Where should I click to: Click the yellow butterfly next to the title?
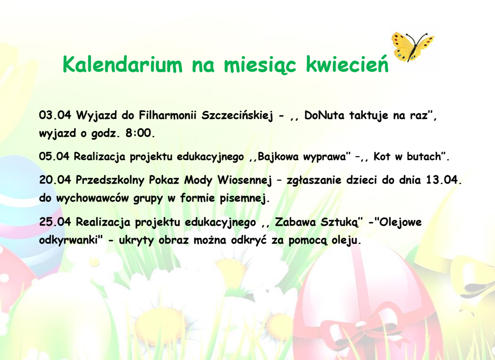pyautogui.click(x=412, y=46)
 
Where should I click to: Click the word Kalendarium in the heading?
pyautogui.click(x=123, y=64)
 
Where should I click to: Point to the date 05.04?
pyautogui.click(x=54, y=156)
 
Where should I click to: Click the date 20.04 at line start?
pyautogui.click(x=55, y=180)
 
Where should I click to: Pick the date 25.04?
pyautogui.click(x=55, y=222)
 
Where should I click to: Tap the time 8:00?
pyautogui.click(x=140, y=133)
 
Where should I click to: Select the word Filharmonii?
pyautogui.click(x=168, y=115)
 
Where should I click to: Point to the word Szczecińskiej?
pyautogui.click(x=237, y=115)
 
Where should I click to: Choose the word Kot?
pyautogui.click(x=382, y=156)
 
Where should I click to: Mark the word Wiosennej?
pyautogui.click(x=245, y=180)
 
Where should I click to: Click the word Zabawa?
pyautogui.click(x=296, y=222)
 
